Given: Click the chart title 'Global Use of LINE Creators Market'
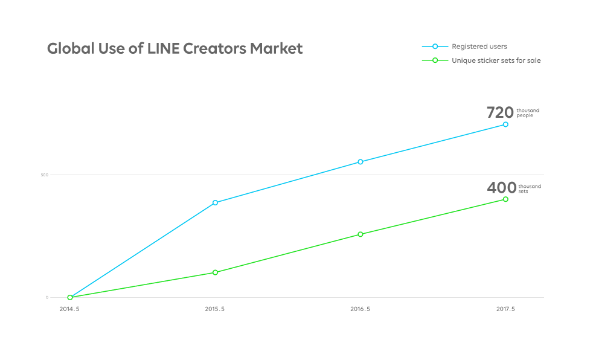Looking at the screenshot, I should [x=175, y=49].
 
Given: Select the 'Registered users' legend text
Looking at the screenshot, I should [x=479, y=47].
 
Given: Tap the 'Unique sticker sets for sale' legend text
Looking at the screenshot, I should [x=496, y=60].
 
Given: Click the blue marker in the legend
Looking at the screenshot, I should [x=435, y=47].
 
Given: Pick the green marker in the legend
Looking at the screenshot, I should [x=435, y=60].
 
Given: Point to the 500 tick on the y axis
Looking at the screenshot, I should [x=44, y=175].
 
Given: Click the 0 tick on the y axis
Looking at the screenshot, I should [x=46, y=297].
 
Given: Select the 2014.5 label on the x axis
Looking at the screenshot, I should [x=69, y=309].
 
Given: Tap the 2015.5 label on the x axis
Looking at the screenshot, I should [x=215, y=309].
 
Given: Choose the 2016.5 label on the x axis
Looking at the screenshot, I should [x=361, y=309].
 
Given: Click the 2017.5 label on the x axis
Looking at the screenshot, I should [x=505, y=309].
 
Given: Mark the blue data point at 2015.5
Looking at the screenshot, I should [x=215, y=203].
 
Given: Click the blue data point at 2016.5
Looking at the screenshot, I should [x=361, y=162].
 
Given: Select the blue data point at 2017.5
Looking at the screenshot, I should [x=505, y=124].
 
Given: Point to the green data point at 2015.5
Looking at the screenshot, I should [x=215, y=272].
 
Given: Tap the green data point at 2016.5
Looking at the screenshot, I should [x=361, y=234].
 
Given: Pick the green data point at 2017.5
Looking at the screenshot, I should [x=505, y=199].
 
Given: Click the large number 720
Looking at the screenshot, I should [x=500, y=112].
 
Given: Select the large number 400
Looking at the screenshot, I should [x=502, y=188].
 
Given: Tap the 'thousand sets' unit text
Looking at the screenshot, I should [x=530, y=188].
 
